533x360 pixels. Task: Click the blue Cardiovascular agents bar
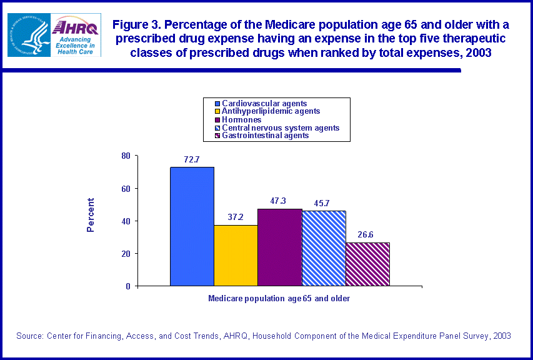[192, 226]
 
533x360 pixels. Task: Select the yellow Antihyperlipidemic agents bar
[236, 255]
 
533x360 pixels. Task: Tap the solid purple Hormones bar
[279, 247]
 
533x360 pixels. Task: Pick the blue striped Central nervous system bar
[324, 248]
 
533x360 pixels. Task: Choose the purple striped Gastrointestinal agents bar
[367, 264]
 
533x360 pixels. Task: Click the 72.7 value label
[191, 160]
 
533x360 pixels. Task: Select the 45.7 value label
[324, 204]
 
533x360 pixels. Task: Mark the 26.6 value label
[367, 235]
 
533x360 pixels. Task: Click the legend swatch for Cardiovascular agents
[217, 103]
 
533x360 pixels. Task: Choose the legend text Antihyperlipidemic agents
[271, 111]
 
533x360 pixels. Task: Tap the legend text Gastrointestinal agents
[265, 135]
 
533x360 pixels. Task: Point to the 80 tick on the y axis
[126, 156]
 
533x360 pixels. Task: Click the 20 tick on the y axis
[126, 254]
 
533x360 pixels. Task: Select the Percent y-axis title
[91, 215]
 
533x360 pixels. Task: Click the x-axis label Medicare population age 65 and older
[279, 299]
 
